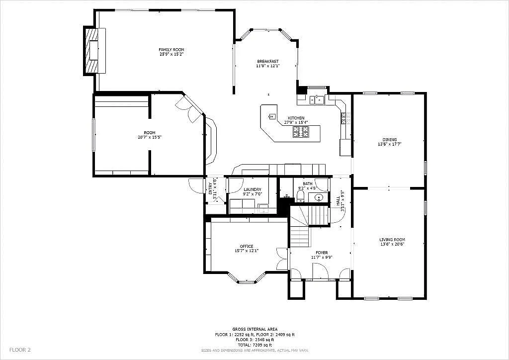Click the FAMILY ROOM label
point(171,50)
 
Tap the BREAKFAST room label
point(267,61)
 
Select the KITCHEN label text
point(296,118)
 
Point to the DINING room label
point(390,140)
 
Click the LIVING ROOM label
point(392,240)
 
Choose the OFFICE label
point(247,246)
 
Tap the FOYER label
point(322,253)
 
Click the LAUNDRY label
point(253,189)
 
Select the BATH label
point(308,184)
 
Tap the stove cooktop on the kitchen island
point(300,132)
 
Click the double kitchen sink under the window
point(317,100)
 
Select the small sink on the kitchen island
point(271,117)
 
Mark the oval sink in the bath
point(319,197)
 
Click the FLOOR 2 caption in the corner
point(20,350)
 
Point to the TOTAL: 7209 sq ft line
point(254,345)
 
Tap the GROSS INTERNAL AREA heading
point(254,329)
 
